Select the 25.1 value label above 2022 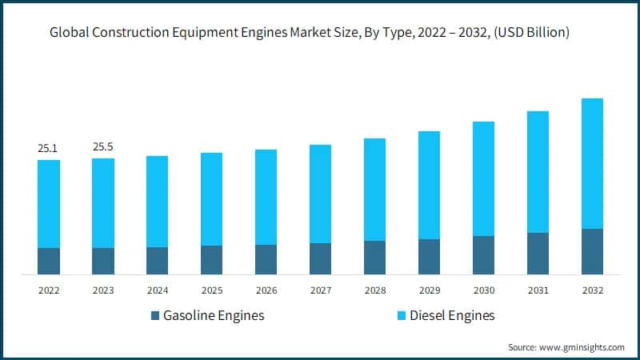click(x=48, y=148)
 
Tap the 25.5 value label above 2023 click(x=102, y=147)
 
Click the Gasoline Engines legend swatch click(x=155, y=316)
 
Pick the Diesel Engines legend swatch click(x=402, y=316)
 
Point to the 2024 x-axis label click(x=157, y=290)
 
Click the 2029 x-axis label click(x=429, y=290)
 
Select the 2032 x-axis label click(x=592, y=290)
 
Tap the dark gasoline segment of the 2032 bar click(x=592, y=251)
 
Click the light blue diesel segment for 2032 click(x=592, y=163)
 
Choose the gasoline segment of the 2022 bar click(x=48, y=261)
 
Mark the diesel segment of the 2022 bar click(x=48, y=204)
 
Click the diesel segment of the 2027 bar click(x=320, y=194)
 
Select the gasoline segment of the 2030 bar click(x=483, y=255)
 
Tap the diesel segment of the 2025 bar click(x=211, y=199)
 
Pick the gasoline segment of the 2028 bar click(x=374, y=258)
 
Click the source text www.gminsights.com click(x=566, y=347)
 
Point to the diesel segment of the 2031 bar click(x=538, y=172)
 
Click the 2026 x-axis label click(x=266, y=290)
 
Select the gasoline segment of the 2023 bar click(x=102, y=261)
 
